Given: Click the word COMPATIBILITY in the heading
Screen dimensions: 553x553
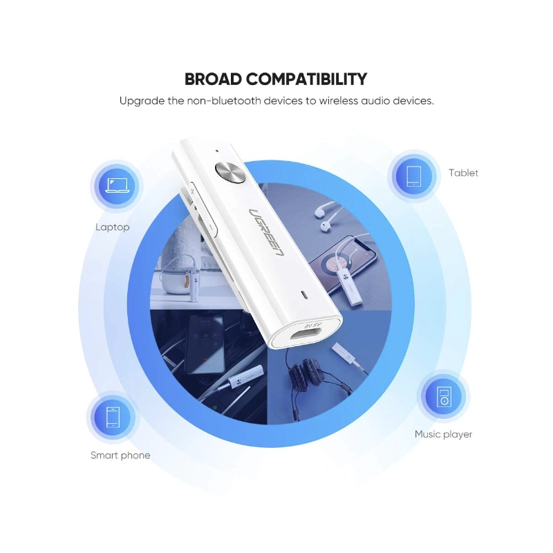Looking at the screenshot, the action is click(x=306, y=79).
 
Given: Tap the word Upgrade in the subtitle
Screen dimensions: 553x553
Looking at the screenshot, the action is click(x=142, y=101).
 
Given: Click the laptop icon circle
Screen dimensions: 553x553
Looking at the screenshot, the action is click(x=118, y=185).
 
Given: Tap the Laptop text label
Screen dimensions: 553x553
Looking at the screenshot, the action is click(x=113, y=227).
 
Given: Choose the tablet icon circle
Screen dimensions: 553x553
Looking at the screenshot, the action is click(x=413, y=176).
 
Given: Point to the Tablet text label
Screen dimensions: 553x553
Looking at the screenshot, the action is click(x=463, y=173).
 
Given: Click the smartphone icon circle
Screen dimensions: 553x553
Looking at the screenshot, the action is click(x=113, y=418).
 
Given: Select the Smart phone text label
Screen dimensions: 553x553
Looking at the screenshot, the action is click(x=120, y=456).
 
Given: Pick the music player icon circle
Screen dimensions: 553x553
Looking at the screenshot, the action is click(x=444, y=396).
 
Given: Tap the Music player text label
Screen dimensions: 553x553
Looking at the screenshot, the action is click(x=443, y=434).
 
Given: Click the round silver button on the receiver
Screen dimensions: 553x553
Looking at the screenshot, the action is click(x=230, y=172).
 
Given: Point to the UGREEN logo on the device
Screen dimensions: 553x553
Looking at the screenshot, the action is click(x=267, y=232).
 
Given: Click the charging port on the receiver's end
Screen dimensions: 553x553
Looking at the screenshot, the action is click(x=306, y=333).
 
